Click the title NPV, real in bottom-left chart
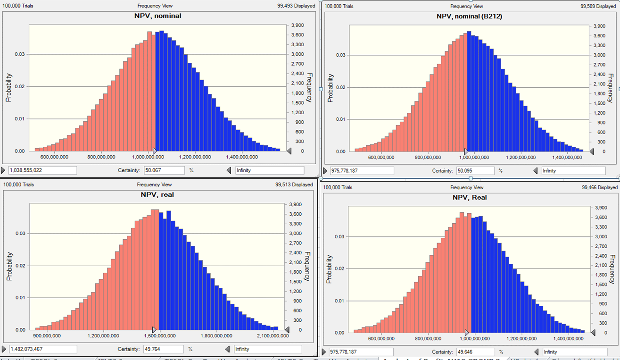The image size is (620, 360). (157, 194)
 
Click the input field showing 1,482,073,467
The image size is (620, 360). (42, 349)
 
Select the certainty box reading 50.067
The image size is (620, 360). (164, 170)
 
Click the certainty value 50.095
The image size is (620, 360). (475, 171)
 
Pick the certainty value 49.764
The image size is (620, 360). (163, 349)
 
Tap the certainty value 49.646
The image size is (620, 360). (475, 352)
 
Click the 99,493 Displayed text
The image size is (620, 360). (295, 6)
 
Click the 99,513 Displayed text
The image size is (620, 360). (295, 184)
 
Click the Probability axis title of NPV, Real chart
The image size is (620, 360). (329, 269)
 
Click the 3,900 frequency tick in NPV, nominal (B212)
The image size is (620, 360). (599, 26)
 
